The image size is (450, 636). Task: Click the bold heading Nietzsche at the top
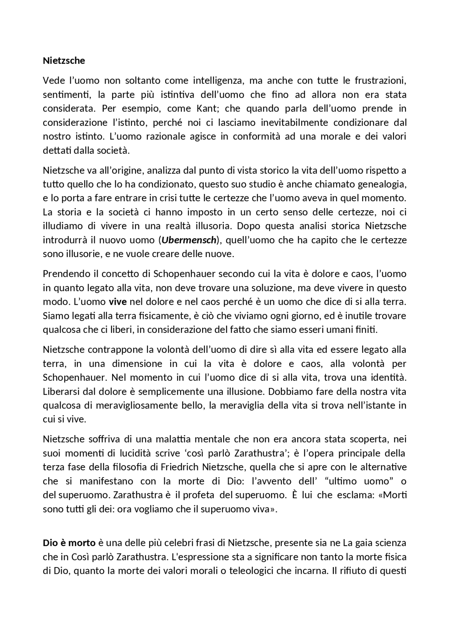pos(64,61)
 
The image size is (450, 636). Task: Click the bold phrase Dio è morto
pos(69,543)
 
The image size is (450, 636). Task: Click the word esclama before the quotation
pos(355,496)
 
